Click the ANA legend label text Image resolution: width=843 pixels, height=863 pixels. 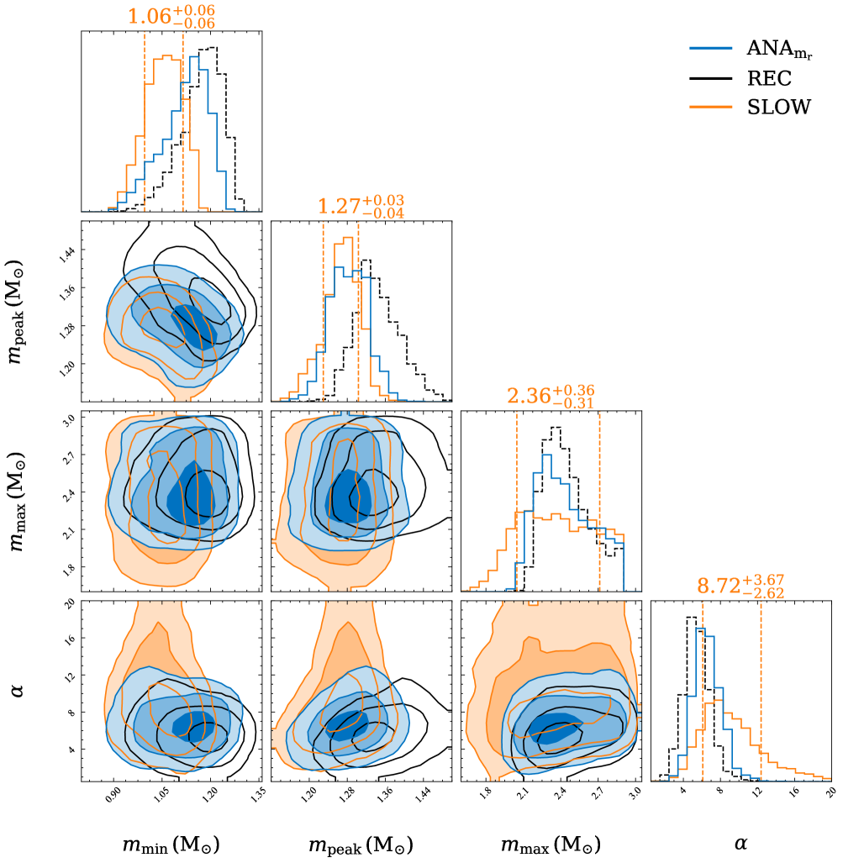click(x=779, y=49)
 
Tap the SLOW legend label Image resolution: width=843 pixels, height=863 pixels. click(x=779, y=107)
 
